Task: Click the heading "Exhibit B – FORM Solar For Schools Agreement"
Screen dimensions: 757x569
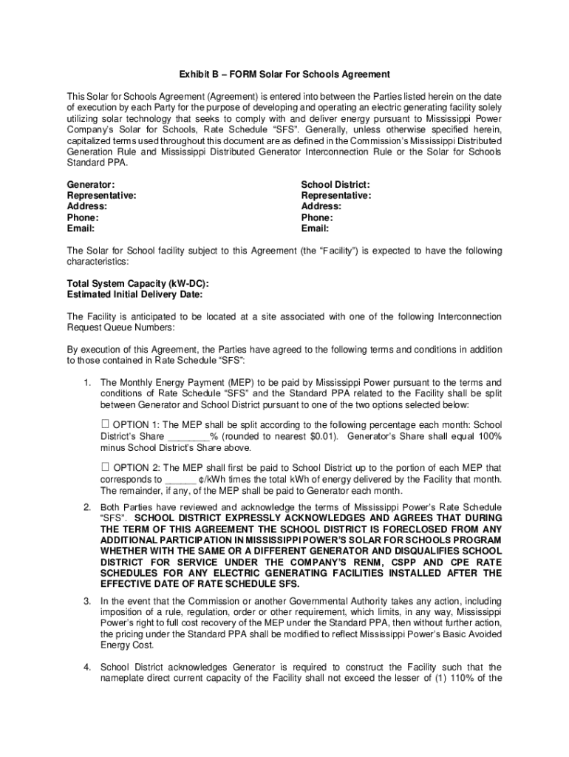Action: (x=284, y=75)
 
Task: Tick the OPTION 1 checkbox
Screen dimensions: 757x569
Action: (x=104, y=424)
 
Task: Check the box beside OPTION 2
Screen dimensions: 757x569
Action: (x=104, y=466)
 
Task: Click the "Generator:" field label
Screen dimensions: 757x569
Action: (x=91, y=184)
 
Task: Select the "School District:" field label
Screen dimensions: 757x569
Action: (x=335, y=184)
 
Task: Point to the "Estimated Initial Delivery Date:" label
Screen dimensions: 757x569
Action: (x=135, y=294)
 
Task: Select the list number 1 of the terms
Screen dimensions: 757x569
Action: (x=86, y=382)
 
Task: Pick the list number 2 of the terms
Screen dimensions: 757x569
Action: (x=86, y=507)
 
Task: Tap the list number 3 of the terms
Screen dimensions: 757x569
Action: (x=86, y=601)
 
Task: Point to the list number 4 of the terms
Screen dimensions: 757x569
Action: (x=86, y=667)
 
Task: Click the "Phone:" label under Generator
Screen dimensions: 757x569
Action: (x=83, y=217)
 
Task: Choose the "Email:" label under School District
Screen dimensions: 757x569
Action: (x=316, y=228)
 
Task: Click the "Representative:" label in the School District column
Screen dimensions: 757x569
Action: (x=336, y=195)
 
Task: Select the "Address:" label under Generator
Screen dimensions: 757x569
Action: (x=87, y=206)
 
